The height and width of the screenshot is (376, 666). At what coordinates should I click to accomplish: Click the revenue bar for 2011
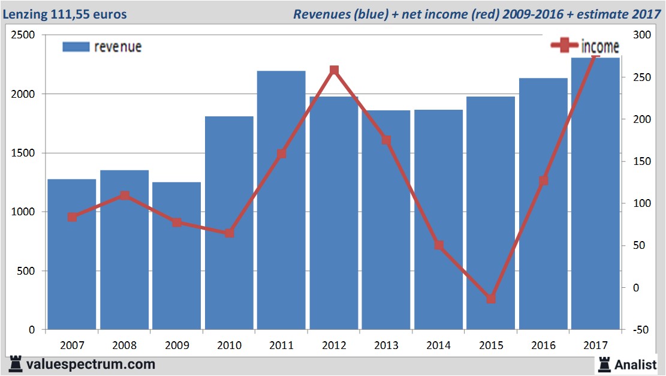[281, 200]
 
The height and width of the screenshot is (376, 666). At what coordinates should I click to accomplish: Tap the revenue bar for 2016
[543, 204]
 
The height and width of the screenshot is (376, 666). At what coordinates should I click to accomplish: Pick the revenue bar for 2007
[72, 254]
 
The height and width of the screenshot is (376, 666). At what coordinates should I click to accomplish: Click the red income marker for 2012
[334, 71]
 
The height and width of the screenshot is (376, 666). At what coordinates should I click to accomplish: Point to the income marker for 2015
[491, 299]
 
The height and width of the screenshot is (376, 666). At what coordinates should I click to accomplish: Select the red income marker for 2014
[439, 245]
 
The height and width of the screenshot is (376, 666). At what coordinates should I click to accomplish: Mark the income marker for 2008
[124, 195]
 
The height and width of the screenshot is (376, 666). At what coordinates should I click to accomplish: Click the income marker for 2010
[229, 233]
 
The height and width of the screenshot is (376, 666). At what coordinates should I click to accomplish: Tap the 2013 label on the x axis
[386, 346]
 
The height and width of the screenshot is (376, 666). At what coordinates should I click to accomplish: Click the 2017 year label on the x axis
[595, 346]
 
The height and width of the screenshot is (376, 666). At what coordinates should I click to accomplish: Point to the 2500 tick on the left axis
[23, 35]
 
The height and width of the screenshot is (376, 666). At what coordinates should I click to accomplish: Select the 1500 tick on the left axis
[23, 153]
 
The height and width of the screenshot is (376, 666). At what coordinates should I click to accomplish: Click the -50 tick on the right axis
[640, 330]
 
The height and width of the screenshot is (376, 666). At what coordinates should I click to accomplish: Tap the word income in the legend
[600, 47]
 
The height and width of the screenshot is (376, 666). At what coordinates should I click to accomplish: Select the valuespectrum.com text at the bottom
[90, 364]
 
